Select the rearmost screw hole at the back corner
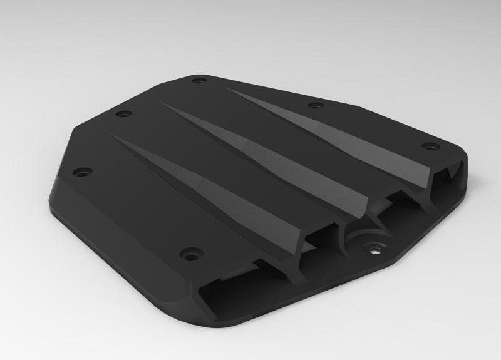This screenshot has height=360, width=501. tap(200, 81)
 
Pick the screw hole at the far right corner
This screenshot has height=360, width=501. tap(430, 147)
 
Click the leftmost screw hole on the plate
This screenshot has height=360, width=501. tap(82, 170)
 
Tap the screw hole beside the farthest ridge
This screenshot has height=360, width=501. tap(316, 105)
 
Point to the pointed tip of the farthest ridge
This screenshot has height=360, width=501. tap(227, 89)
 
